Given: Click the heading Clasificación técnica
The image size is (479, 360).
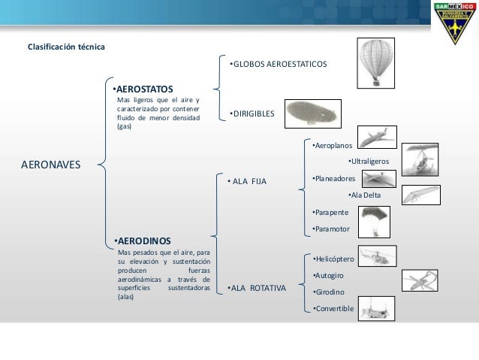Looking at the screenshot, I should (66, 48).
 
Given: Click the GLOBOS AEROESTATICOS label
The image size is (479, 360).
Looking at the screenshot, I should (278, 65).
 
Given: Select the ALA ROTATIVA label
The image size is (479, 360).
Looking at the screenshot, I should (256, 287).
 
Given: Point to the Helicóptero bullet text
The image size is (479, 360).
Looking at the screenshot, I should (333, 258).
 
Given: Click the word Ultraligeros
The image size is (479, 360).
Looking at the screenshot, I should (369, 161).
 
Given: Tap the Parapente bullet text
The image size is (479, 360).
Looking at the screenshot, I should (330, 213).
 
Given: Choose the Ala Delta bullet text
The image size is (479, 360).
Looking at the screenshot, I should (365, 195).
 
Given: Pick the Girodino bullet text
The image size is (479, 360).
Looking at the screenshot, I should (329, 292).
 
